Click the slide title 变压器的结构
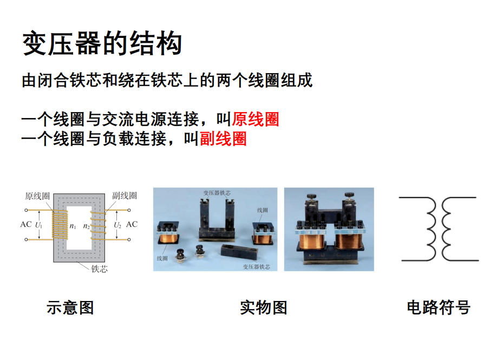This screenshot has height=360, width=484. [102, 43]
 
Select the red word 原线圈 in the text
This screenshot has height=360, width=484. [256, 119]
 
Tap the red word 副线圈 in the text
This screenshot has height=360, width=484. [223, 139]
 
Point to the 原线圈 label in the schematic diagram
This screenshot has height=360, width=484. [37, 196]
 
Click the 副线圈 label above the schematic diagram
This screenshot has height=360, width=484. [125, 195]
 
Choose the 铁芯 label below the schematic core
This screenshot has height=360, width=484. [100, 269]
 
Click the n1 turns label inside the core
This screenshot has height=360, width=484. [73, 226]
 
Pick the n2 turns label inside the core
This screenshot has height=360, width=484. [87, 226]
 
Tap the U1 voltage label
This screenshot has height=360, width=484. [38, 225]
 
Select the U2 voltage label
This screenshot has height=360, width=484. [117, 225]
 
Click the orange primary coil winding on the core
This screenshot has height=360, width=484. [60, 225]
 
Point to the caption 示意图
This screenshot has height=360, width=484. [70, 307]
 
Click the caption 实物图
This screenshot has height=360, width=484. [264, 307]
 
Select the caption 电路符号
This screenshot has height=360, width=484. [439, 307]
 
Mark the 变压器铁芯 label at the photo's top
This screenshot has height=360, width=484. [217, 193]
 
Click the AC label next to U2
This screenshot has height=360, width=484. [132, 224]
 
